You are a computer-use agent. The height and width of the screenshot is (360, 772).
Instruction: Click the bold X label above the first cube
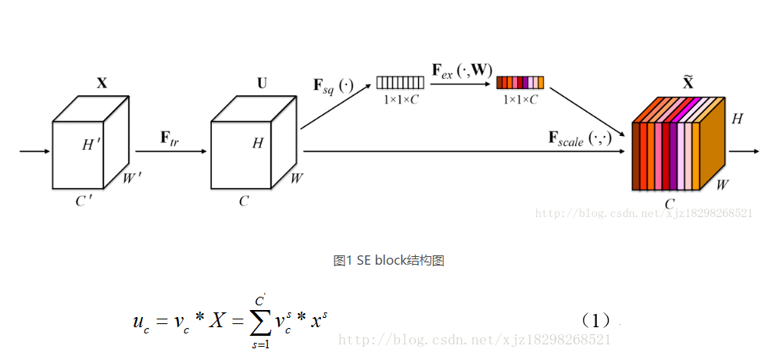(x=102, y=83)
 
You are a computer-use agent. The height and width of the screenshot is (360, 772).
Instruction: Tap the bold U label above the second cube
(x=261, y=83)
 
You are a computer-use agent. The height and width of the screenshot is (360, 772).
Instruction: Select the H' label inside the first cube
(x=91, y=144)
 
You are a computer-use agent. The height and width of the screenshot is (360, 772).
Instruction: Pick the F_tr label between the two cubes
(x=170, y=138)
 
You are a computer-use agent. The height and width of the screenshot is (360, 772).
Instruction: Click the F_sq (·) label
(x=334, y=85)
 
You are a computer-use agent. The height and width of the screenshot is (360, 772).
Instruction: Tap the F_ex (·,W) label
(x=463, y=70)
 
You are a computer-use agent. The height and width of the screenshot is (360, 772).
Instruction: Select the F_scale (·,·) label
(x=579, y=140)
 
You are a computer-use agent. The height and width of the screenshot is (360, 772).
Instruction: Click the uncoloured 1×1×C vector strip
(x=400, y=82)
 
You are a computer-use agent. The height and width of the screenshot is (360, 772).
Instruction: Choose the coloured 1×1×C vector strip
(x=520, y=82)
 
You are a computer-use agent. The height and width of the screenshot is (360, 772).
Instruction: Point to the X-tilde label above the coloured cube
(x=688, y=83)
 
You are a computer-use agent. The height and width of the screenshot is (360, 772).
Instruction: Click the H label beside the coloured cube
(x=736, y=119)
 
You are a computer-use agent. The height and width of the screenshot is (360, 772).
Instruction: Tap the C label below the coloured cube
(x=670, y=205)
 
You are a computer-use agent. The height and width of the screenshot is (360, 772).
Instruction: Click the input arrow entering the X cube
(x=35, y=151)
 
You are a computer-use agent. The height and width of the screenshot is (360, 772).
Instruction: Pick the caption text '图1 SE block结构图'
(x=388, y=261)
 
